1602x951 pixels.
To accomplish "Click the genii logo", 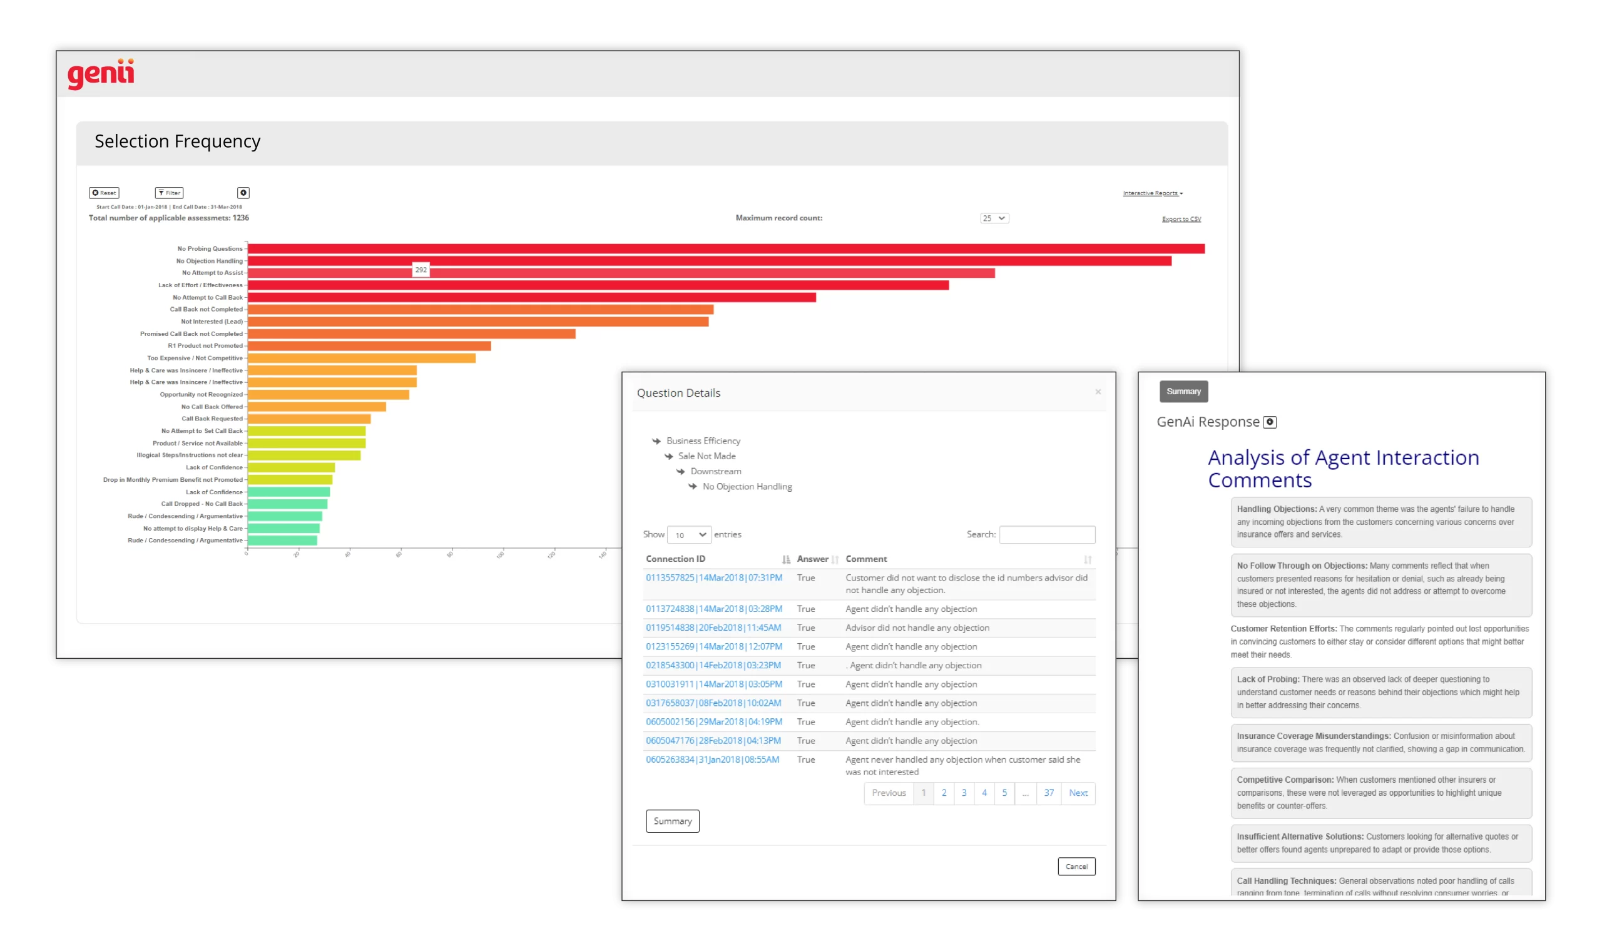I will [101, 74].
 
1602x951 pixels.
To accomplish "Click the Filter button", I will [169, 193].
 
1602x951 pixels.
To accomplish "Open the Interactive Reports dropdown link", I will [1152, 193].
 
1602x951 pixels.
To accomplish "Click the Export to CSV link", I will [1181, 219].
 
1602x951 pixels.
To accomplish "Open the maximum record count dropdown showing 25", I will [994, 218].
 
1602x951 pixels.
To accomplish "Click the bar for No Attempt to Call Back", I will [531, 297].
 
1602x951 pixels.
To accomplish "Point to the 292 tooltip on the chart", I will [421, 270].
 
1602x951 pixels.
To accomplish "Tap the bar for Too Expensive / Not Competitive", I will [362, 359].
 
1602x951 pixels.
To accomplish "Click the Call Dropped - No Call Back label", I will [202, 504].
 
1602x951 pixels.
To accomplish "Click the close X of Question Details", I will [1098, 392].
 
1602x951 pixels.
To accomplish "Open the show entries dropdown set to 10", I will [689, 534].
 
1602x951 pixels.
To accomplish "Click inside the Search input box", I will [1047, 534].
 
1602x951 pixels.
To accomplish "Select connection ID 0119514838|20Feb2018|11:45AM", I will [713, 628].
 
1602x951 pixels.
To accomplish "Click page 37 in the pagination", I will [1048, 793].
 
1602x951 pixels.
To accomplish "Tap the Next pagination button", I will [1078, 793].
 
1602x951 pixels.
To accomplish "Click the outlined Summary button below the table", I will [672, 821].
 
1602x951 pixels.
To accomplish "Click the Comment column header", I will [866, 559].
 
